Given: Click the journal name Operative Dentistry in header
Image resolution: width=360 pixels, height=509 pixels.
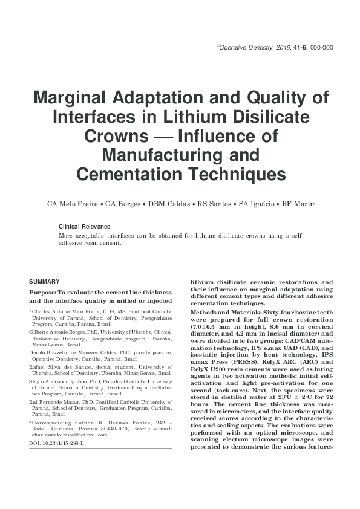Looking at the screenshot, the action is point(246,47).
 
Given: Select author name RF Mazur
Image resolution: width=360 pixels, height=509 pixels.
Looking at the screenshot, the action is point(297,204).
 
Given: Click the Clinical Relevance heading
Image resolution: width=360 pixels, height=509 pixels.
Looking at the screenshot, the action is point(84,226).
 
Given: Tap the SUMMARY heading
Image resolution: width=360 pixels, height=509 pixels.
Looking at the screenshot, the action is point(44,282).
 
